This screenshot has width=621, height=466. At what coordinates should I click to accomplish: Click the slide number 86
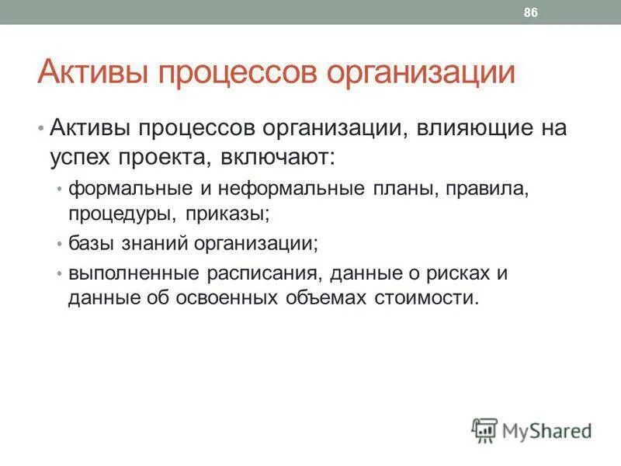point(532,12)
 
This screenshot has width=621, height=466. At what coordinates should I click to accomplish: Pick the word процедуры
point(114,212)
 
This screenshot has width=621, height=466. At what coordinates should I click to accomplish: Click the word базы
point(91,243)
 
